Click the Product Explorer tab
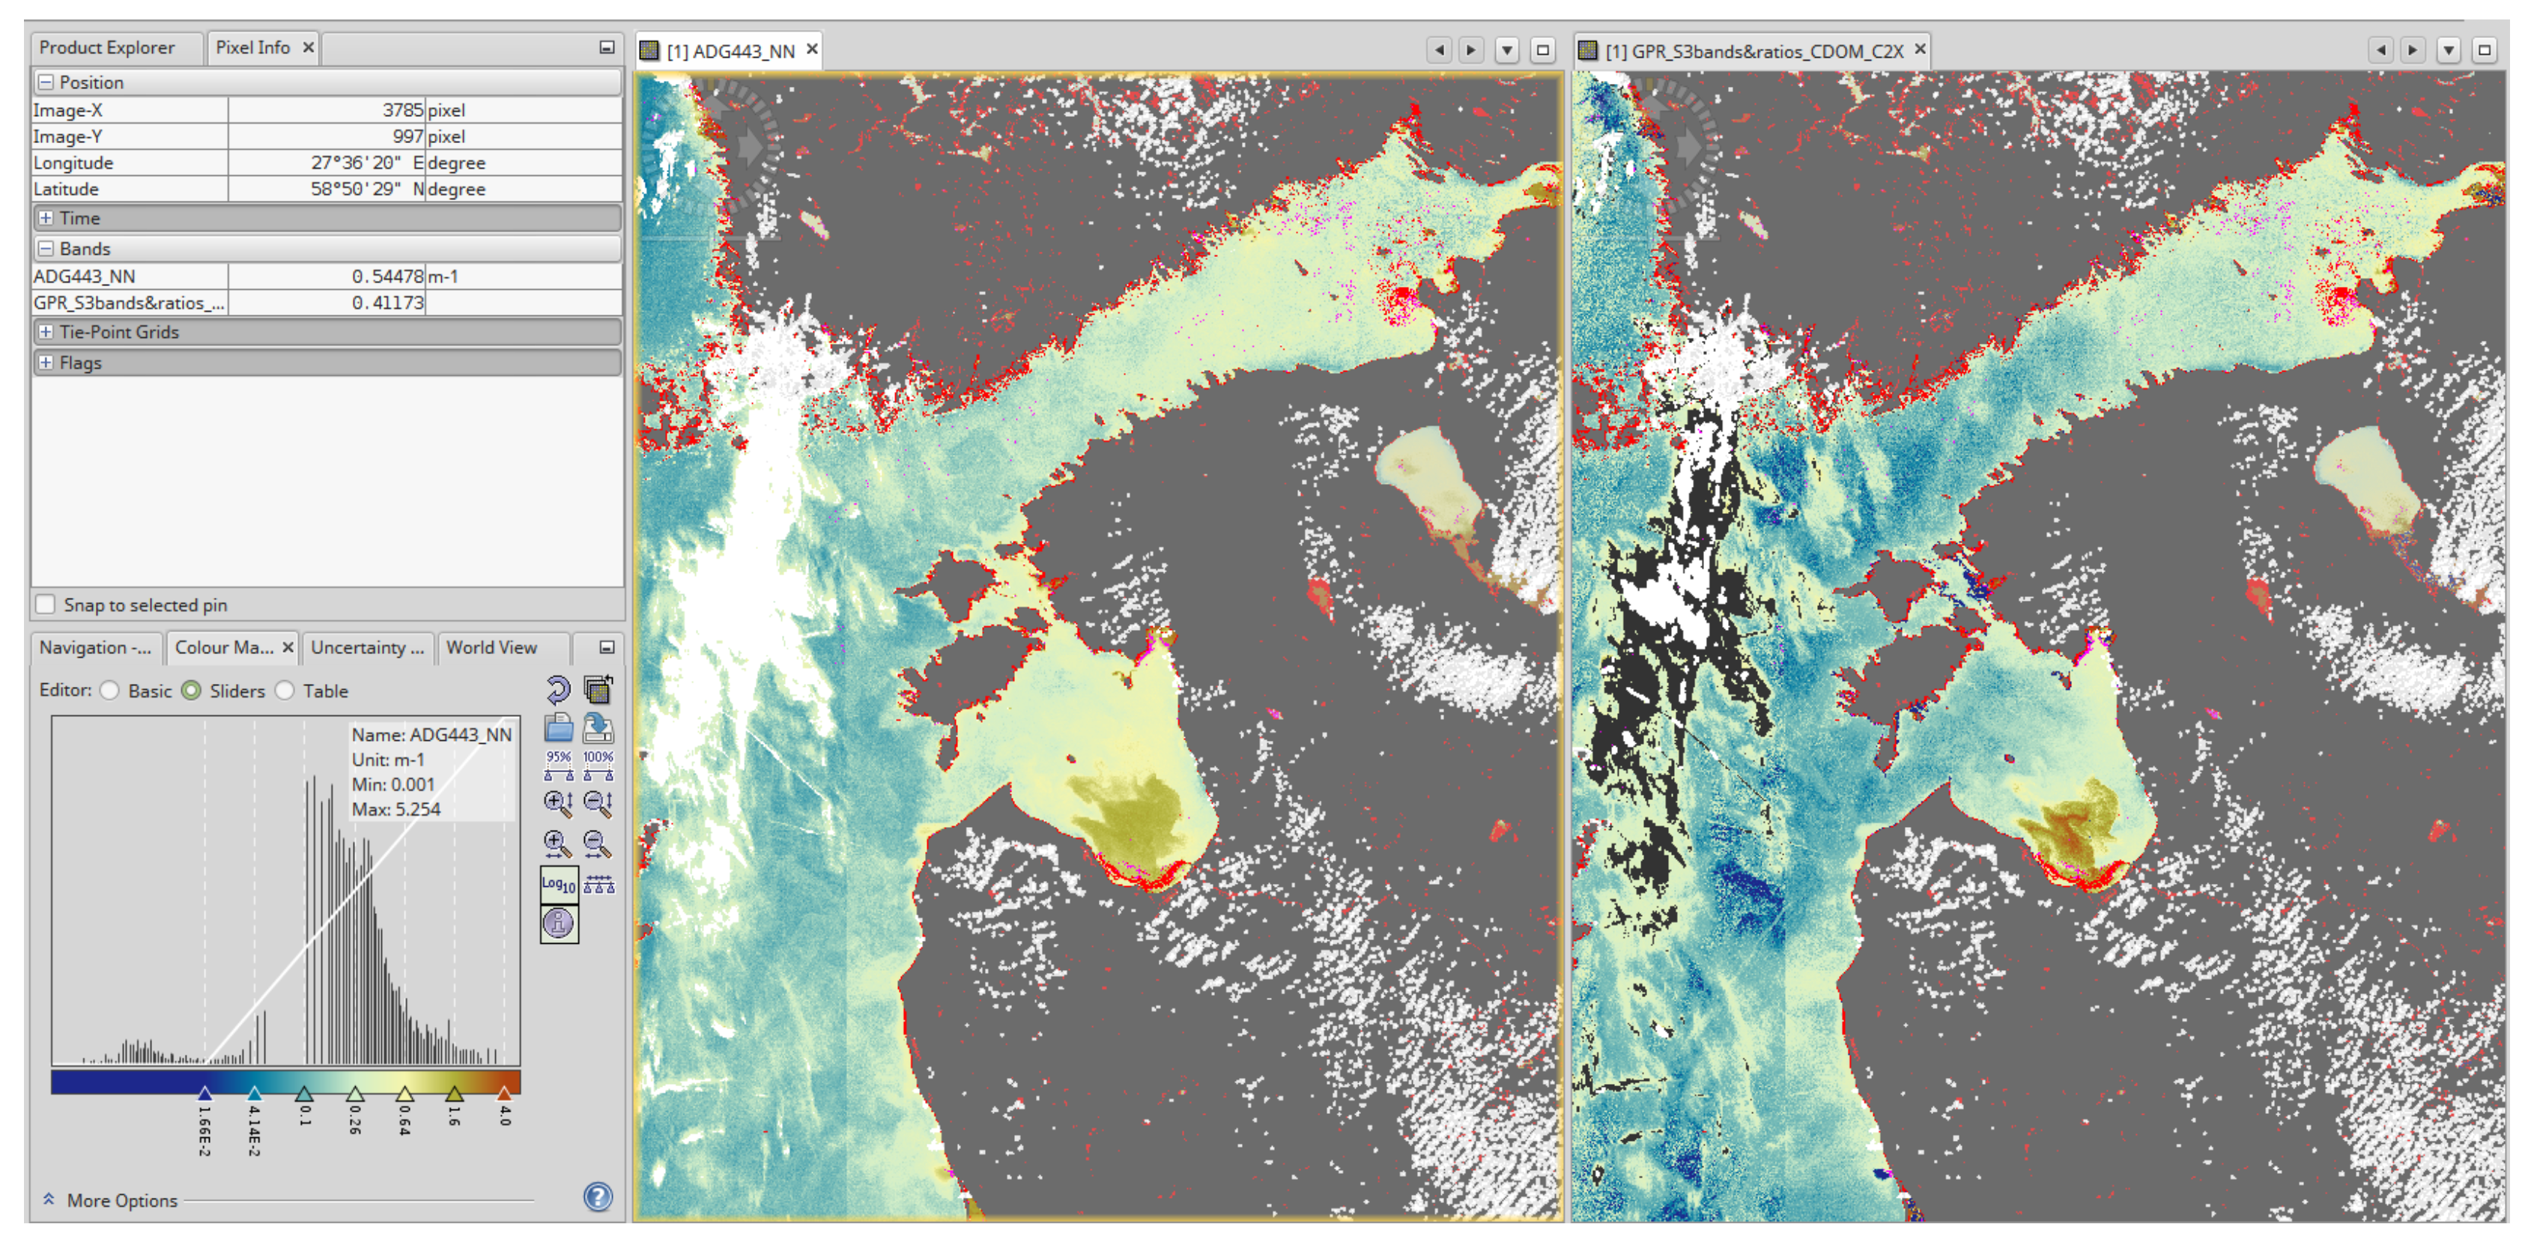pyautogui.click(x=106, y=47)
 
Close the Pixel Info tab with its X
pyautogui.click(x=309, y=47)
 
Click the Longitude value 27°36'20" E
pyautogui.click(x=356, y=162)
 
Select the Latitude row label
pyautogui.click(x=67, y=189)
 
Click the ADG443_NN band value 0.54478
pyautogui.click(x=387, y=276)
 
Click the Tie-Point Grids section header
pyautogui.click(x=119, y=332)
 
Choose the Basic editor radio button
pyautogui.click(x=110, y=691)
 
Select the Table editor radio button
pyautogui.click(x=285, y=691)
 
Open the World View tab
pyautogui.click(x=491, y=647)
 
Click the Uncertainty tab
pyautogui.click(x=366, y=647)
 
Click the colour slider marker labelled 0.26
pyautogui.click(x=355, y=1093)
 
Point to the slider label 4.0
pyautogui.click(x=505, y=1115)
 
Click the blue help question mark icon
pyautogui.click(x=598, y=1197)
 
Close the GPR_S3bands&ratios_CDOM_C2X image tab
pyautogui.click(x=1920, y=49)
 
